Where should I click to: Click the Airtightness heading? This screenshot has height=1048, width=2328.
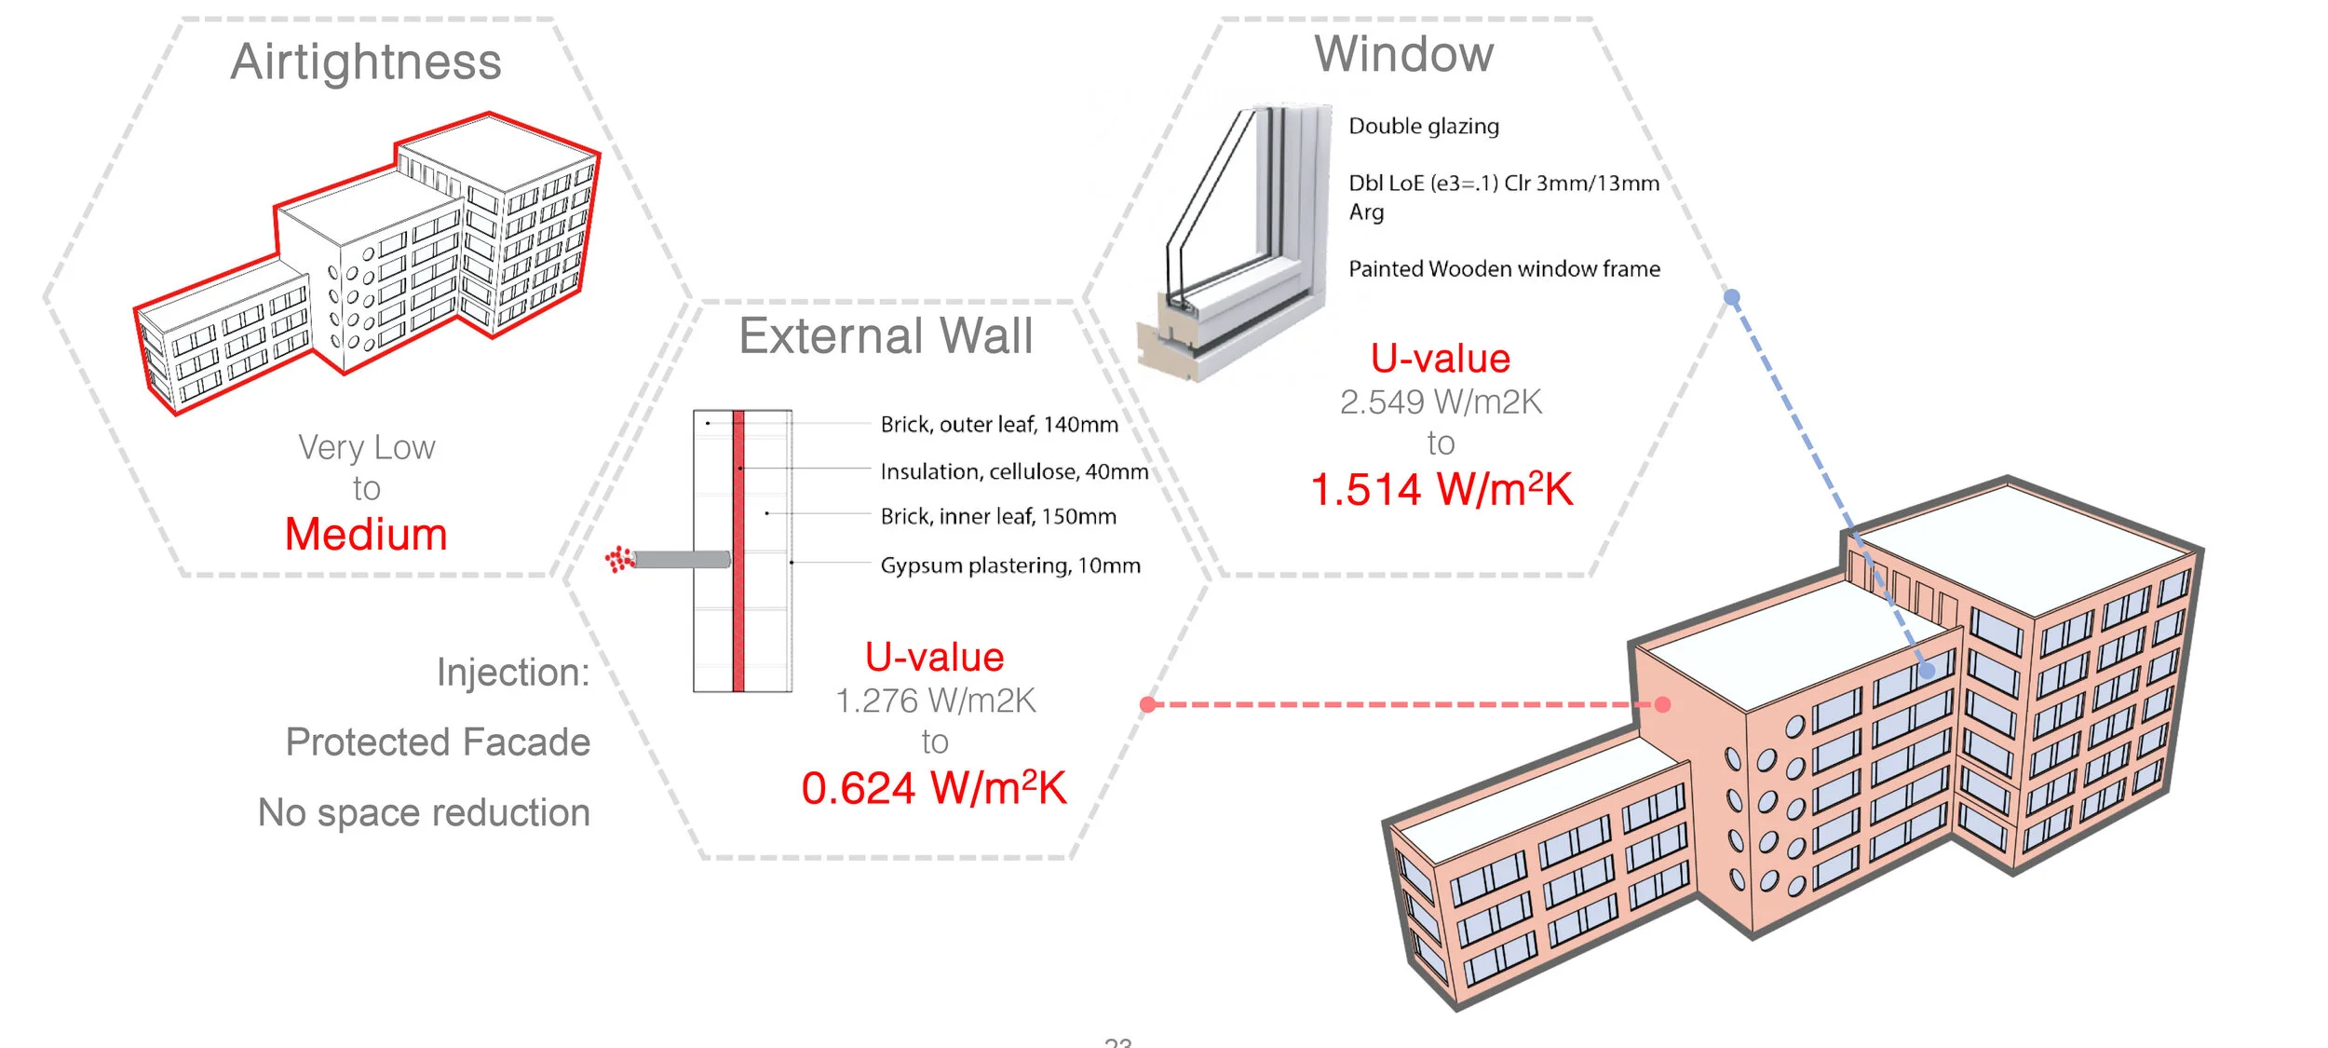(x=366, y=63)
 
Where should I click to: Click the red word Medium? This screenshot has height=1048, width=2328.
(x=366, y=535)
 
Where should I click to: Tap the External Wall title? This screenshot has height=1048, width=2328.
(x=886, y=336)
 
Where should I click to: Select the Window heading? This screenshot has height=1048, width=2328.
(x=1403, y=54)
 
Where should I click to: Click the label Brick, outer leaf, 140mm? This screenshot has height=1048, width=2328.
(x=999, y=425)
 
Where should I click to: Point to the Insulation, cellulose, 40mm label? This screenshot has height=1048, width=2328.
(x=1014, y=471)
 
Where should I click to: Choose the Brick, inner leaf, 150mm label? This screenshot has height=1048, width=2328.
(x=998, y=517)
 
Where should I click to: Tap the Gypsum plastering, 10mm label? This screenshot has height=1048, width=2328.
(x=1010, y=565)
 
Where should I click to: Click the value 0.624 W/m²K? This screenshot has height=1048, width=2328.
(x=934, y=789)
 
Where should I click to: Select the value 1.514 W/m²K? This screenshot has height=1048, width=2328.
(x=1441, y=490)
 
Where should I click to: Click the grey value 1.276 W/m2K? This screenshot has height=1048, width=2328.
(x=935, y=701)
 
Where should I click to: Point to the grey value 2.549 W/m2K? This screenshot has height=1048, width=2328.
(x=1441, y=402)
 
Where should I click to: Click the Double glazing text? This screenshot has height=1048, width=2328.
(x=1424, y=126)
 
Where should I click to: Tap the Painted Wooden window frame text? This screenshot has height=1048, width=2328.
(x=1504, y=269)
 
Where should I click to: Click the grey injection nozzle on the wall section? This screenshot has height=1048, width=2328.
(x=682, y=560)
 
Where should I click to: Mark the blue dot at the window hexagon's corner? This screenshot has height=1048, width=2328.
(x=1732, y=298)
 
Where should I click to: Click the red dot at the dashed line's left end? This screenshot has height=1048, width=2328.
(x=1148, y=704)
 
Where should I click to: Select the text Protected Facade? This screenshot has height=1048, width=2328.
(x=438, y=742)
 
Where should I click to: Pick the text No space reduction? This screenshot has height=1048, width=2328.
(x=424, y=812)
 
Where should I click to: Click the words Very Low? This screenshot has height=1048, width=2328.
(x=366, y=448)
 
